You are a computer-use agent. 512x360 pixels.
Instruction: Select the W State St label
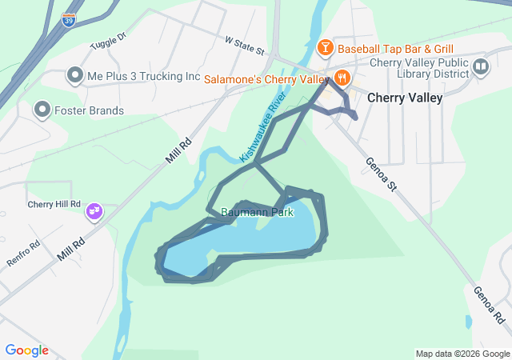[244, 44]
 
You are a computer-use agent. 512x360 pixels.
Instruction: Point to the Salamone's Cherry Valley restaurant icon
[342, 78]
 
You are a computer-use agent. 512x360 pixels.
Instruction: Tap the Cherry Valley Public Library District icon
[480, 66]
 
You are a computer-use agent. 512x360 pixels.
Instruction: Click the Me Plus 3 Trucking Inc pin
[75, 77]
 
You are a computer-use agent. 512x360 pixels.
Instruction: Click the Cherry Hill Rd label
[54, 204]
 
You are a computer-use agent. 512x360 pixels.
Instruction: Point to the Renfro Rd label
[23, 255]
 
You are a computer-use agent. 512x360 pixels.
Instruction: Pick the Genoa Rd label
[488, 305]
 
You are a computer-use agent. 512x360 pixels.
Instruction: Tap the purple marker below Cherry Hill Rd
[94, 211]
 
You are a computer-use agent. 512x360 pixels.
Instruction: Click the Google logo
[26, 350]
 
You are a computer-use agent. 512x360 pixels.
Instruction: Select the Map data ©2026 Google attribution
[462, 354]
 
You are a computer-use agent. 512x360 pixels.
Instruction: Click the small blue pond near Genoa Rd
[468, 322]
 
